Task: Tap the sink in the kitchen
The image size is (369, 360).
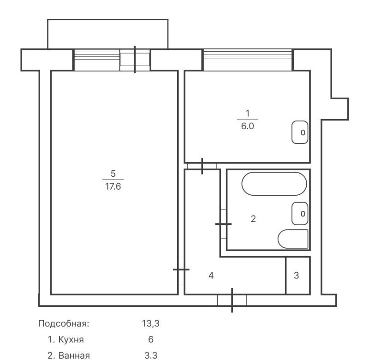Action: click(300, 132)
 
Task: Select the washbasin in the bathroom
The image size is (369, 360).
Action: click(300, 213)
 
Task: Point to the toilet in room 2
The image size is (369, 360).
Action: click(293, 239)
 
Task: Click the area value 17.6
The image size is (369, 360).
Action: click(113, 186)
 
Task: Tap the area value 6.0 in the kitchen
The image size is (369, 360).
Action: click(247, 126)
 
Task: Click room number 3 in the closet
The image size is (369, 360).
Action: click(296, 275)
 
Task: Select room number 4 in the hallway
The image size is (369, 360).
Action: click(211, 275)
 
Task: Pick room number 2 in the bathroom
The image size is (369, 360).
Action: click(253, 219)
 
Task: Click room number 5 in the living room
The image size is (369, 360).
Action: click(113, 174)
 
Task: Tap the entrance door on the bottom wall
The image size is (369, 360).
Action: click(232, 300)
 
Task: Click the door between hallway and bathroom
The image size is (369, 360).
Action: click(223, 224)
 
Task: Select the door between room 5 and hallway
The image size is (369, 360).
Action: click(181, 270)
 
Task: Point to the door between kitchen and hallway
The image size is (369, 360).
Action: click(202, 166)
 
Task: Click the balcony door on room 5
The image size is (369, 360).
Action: click(135, 60)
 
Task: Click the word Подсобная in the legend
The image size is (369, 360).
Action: click(64, 324)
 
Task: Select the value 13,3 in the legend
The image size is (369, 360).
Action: click(151, 324)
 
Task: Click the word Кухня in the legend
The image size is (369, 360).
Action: click(71, 340)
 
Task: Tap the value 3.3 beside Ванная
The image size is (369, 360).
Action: click(151, 355)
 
